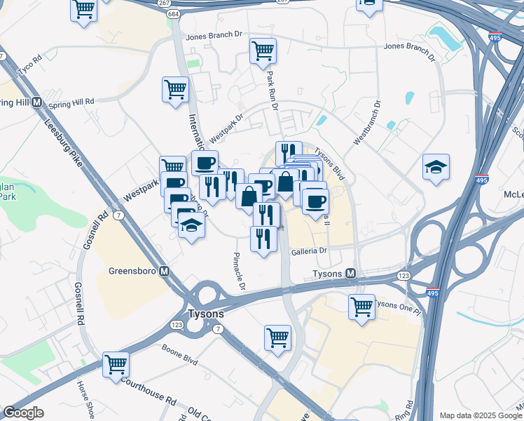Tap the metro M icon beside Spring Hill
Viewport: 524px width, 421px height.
[37, 102]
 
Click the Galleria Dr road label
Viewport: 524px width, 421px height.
[310, 250]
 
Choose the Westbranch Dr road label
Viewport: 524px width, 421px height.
[368, 123]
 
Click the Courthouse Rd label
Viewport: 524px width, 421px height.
[148, 391]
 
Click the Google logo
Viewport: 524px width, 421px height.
[23, 413]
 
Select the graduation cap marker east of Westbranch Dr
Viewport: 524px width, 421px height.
[436, 167]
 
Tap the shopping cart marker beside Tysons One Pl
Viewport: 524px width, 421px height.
[361, 306]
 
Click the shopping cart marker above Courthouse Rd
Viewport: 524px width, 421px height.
[116, 364]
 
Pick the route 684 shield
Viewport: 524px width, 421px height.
[173, 15]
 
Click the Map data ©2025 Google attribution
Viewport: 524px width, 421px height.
[480, 415]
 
